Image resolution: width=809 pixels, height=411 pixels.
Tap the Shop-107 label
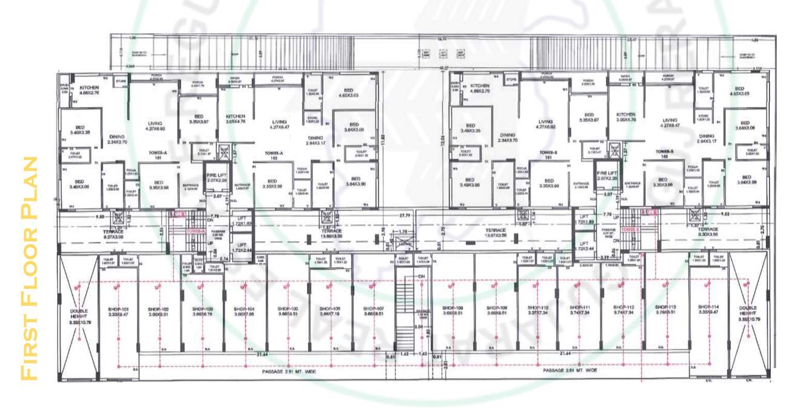(x=366, y=309)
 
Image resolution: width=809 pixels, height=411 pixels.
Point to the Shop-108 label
(x=453, y=309)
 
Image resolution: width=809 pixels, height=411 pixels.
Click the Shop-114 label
(x=707, y=308)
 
